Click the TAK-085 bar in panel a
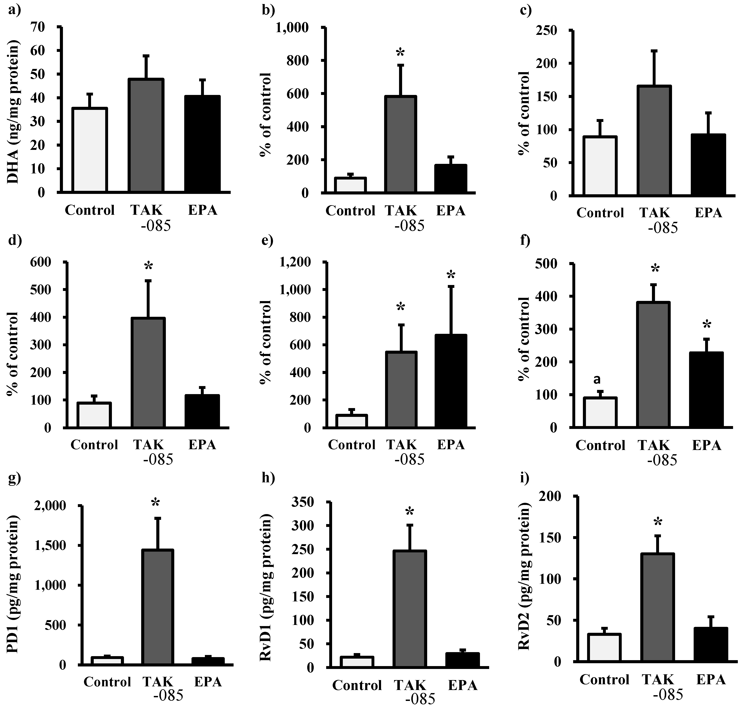tap(146, 136)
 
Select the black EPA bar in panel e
tap(451, 381)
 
